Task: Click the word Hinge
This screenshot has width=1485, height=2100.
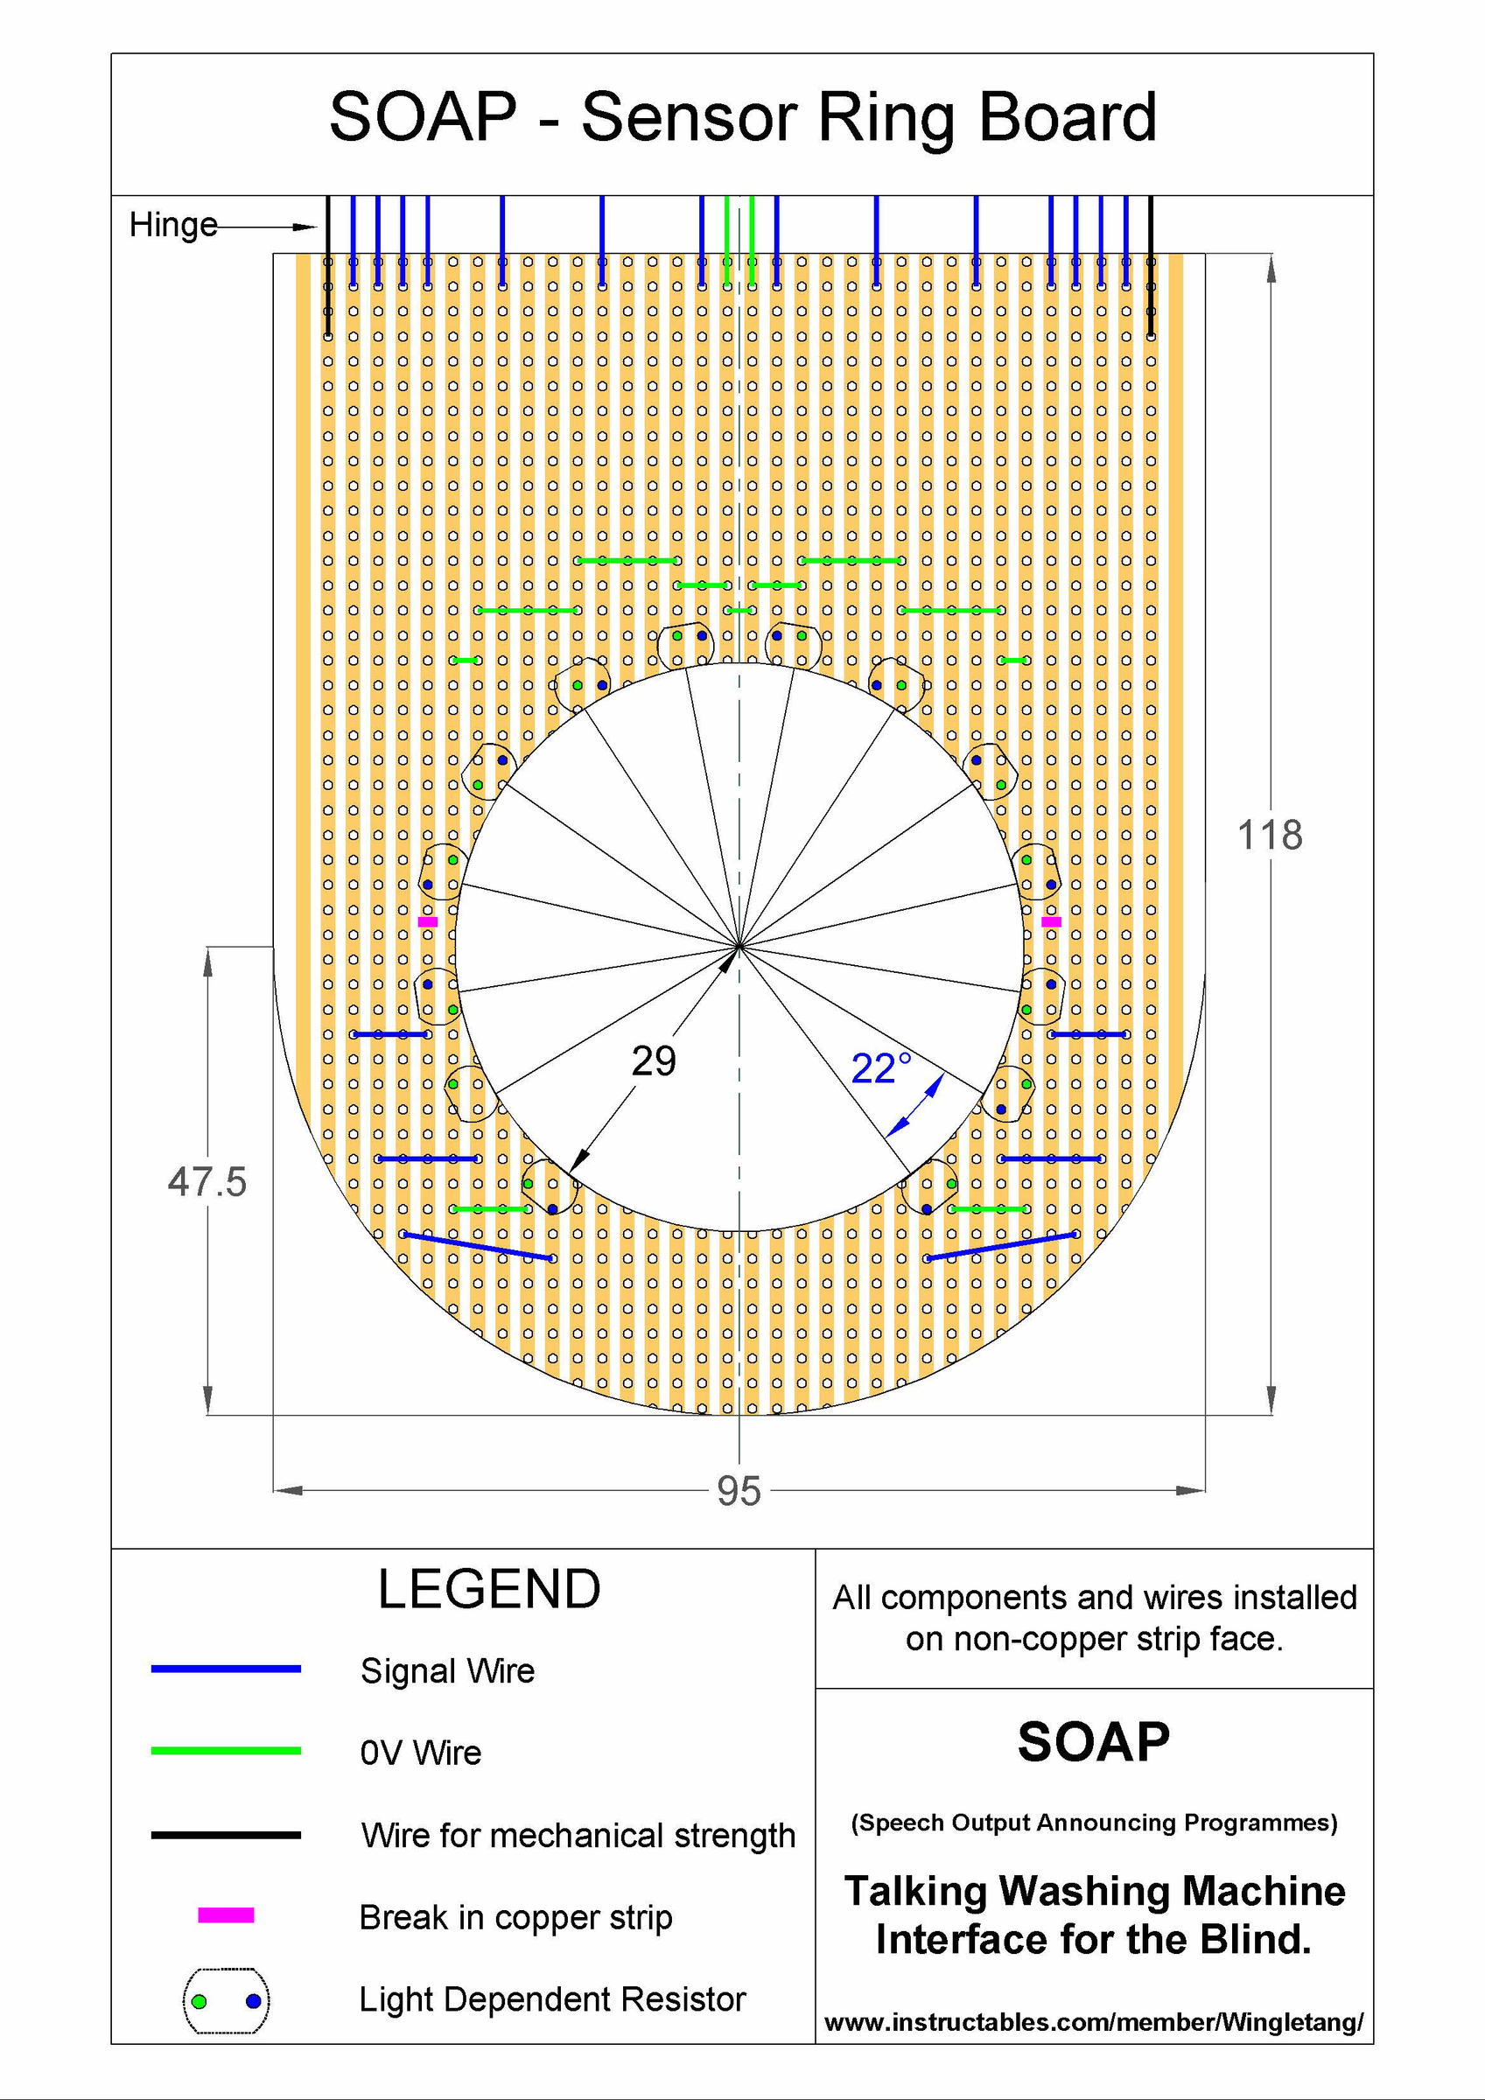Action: [173, 225]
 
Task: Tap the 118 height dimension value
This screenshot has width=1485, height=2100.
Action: [1269, 835]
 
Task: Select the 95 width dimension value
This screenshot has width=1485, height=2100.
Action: [739, 1491]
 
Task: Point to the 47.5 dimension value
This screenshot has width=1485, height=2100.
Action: [207, 1182]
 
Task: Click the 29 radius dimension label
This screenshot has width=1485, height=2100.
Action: [654, 1061]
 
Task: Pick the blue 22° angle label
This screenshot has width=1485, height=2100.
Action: [880, 1068]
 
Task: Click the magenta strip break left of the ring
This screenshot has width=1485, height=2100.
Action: [427, 922]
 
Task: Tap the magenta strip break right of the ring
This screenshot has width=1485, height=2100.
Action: [1051, 922]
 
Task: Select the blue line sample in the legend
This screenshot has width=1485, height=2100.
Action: [226, 1669]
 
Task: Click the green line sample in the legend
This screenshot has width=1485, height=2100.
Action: [226, 1751]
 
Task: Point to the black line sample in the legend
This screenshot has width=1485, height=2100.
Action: [226, 1835]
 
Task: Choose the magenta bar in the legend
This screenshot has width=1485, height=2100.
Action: [226, 1915]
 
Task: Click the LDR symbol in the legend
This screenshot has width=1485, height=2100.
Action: [226, 2000]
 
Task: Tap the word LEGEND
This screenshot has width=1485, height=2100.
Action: [489, 1590]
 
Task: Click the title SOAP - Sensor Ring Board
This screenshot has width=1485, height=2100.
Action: [743, 118]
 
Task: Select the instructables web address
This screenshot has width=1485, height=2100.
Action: [1093, 2022]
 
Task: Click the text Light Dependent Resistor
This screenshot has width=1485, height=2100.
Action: [551, 1999]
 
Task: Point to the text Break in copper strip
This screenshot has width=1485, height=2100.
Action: [515, 1917]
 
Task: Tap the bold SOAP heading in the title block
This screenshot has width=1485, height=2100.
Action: [1093, 1742]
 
